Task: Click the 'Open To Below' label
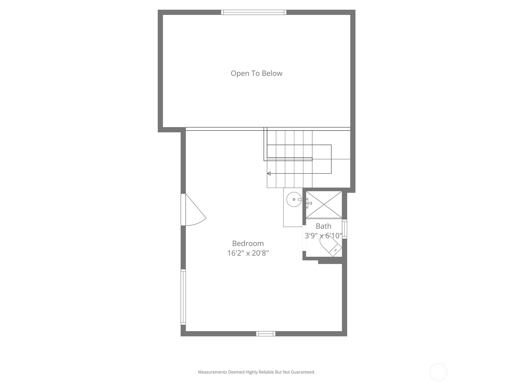(256, 73)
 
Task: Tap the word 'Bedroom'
(248, 243)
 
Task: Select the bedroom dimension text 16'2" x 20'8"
(248, 253)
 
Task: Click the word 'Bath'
(324, 226)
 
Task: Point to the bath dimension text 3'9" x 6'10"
(324, 235)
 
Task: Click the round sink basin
(294, 199)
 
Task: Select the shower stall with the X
(324, 205)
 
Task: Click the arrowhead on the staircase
(269, 174)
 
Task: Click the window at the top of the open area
(254, 12)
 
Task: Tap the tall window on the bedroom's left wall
(183, 297)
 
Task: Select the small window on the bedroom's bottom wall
(266, 334)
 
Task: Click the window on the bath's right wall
(344, 229)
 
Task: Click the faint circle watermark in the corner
(438, 372)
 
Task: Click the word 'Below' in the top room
(272, 73)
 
